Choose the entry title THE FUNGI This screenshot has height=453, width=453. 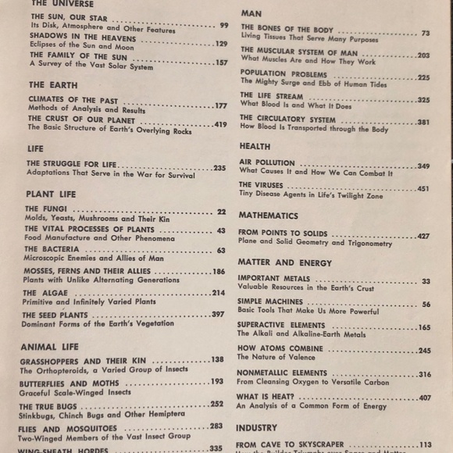click(45, 209)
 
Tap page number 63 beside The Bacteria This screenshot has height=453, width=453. click(221, 251)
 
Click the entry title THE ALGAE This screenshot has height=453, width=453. click(45, 293)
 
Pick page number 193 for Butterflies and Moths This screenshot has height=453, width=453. click(216, 382)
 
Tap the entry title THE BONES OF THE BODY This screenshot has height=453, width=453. click(287, 30)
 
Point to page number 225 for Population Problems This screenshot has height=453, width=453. click(423, 78)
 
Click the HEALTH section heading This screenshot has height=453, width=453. click(255, 146)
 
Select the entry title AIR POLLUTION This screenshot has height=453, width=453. click(267, 163)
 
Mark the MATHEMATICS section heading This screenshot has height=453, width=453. click(268, 215)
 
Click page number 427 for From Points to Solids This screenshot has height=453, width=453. click(423, 235)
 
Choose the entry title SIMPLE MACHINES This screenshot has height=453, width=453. click(270, 301)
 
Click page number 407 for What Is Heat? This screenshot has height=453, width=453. click(424, 398)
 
